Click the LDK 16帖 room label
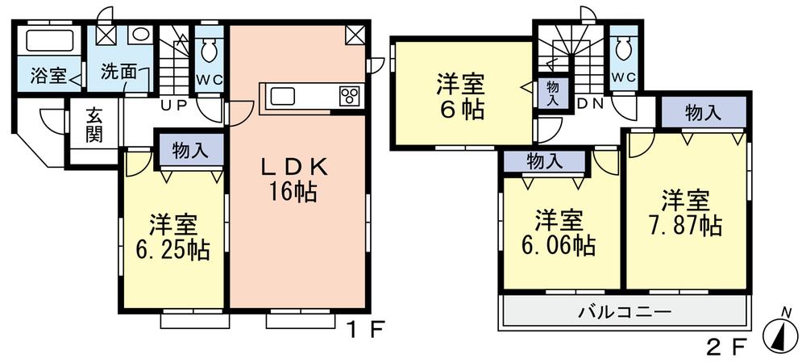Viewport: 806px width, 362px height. coord(293,180)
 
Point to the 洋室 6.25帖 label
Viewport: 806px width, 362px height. coord(172,236)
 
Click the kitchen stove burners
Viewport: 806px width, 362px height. coord(350,95)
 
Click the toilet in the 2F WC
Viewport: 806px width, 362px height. coord(623,51)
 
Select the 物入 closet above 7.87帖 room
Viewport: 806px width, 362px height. coord(702,113)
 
